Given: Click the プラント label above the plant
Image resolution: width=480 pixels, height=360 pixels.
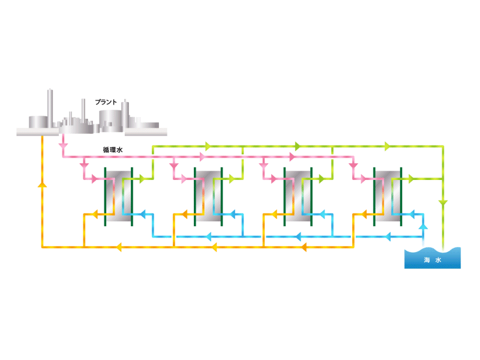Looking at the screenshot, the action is point(106,102).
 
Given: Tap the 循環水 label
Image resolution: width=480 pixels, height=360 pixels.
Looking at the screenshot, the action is point(113,149).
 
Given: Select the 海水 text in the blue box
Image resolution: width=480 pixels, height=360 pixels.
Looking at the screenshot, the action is point(432,260).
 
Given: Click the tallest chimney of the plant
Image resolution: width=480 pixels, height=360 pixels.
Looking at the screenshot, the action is point(50,108).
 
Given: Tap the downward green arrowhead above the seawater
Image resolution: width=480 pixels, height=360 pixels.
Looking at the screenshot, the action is point(443,203).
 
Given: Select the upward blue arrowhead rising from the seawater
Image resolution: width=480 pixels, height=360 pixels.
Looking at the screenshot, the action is point(423,227).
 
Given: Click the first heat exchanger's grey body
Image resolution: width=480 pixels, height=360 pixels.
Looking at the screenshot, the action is point(118,197).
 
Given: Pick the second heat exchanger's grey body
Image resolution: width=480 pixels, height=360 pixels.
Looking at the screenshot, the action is point(208,197).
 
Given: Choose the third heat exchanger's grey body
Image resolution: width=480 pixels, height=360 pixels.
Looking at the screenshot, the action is point(298,197).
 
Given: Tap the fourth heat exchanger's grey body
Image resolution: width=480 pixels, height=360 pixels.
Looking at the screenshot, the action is point(387,197).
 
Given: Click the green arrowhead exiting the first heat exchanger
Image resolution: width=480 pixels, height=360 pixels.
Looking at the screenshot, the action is point(142,178).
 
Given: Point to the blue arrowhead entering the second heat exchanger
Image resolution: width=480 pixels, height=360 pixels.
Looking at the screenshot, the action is point(232,214).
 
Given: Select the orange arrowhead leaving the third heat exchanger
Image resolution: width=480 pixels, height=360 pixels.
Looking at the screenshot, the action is point(274,214).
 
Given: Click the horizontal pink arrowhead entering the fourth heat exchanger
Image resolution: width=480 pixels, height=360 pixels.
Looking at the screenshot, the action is point(364,179).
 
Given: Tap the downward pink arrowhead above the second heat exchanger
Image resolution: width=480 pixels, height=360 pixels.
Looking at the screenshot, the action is point(174,166).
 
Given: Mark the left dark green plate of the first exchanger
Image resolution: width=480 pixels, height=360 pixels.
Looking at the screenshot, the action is point(106,197).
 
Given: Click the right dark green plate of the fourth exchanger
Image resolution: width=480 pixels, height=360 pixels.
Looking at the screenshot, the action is point(401,197).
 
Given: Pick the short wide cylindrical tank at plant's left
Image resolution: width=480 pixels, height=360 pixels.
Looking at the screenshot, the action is point(38,122).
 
